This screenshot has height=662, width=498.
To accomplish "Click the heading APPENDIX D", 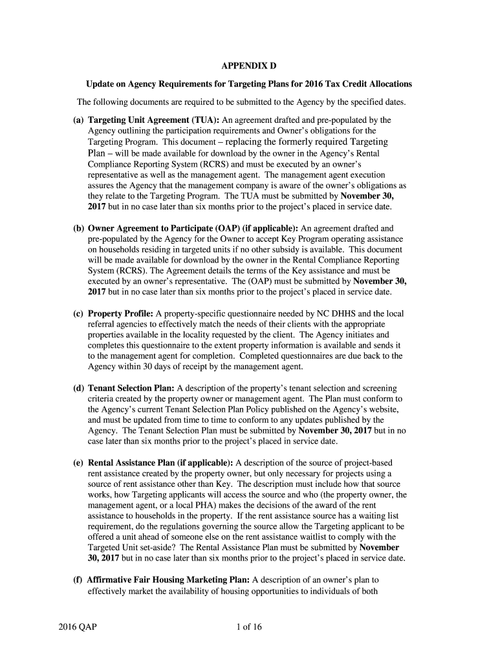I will point(249,67).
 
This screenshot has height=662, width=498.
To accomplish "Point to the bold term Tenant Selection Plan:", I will point(131,388).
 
